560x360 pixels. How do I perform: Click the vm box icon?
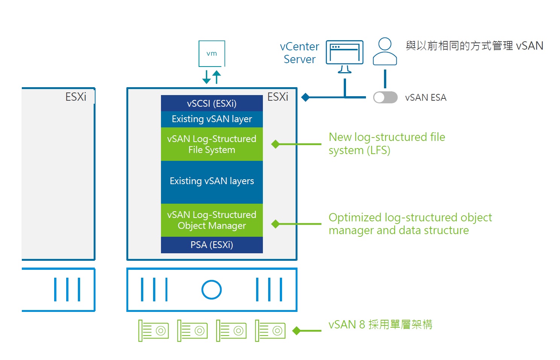[x=212, y=54]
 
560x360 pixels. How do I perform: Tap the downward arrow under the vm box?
[x=206, y=77]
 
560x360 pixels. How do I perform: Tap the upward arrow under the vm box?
[x=217, y=77]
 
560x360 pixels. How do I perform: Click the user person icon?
[x=385, y=52]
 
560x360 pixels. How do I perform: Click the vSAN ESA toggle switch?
[x=385, y=97]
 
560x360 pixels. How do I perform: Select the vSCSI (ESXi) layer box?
[x=212, y=103]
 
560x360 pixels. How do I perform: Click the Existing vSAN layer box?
[x=212, y=119]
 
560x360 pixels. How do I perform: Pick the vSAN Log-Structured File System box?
[x=212, y=144]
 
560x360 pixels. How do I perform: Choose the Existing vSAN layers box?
[x=212, y=182]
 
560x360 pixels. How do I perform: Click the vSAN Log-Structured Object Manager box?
[x=212, y=220]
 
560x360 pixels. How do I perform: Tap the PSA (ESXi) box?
[x=212, y=245]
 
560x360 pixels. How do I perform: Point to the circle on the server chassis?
[x=212, y=290]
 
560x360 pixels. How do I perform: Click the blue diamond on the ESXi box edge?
[x=305, y=97]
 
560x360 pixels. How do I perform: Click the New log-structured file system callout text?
[x=387, y=144]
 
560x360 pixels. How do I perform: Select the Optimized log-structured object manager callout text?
[x=410, y=224]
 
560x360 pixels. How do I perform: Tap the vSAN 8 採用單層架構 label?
[x=380, y=325]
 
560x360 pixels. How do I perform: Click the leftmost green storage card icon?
[x=153, y=331]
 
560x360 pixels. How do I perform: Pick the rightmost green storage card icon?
[x=270, y=331]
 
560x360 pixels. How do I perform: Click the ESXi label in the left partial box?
[x=76, y=97]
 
